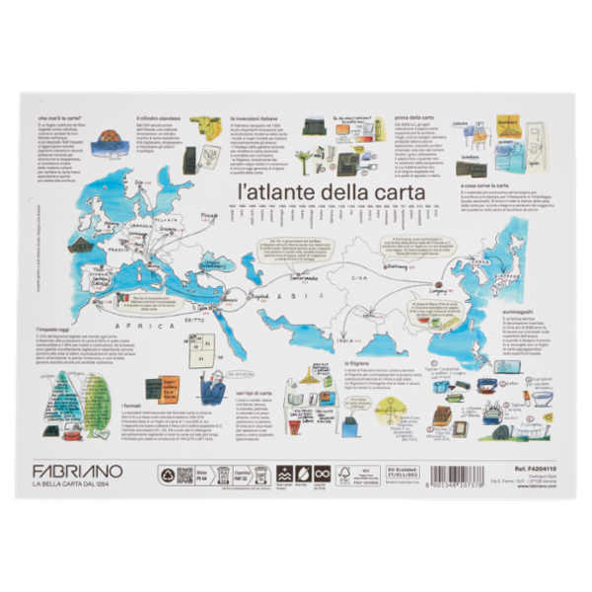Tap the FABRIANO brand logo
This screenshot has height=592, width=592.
click(78, 471)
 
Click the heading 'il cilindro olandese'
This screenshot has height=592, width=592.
click(159, 116)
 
